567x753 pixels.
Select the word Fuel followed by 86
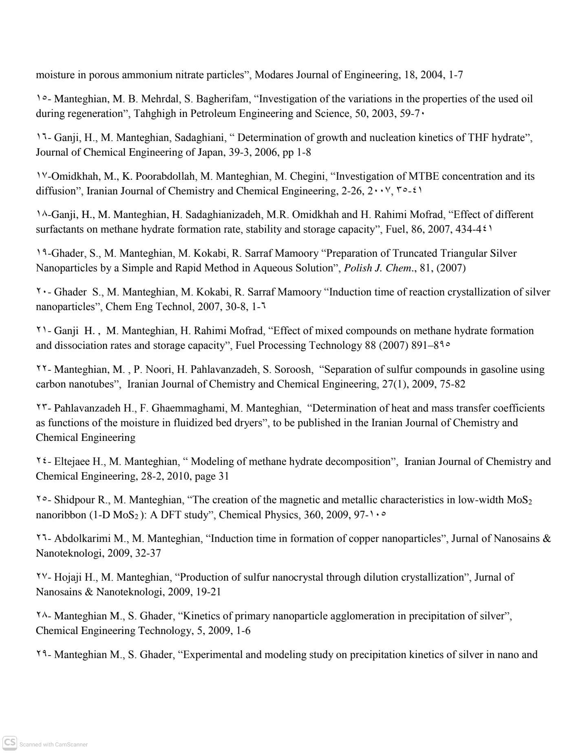395,229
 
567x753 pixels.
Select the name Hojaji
69,577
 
